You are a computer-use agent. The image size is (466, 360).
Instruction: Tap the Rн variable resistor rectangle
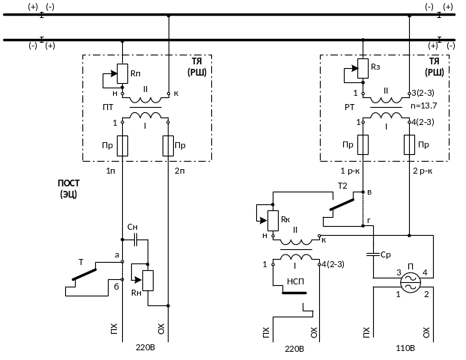(148, 280)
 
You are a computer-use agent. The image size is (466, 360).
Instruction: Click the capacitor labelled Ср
(372, 255)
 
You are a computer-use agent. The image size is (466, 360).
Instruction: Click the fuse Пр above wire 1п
(121, 144)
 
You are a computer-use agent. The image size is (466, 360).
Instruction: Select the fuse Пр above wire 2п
(168, 144)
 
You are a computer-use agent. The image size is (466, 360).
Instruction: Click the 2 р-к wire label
(422, 171)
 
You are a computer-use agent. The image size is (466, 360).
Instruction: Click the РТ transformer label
(349, 107)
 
